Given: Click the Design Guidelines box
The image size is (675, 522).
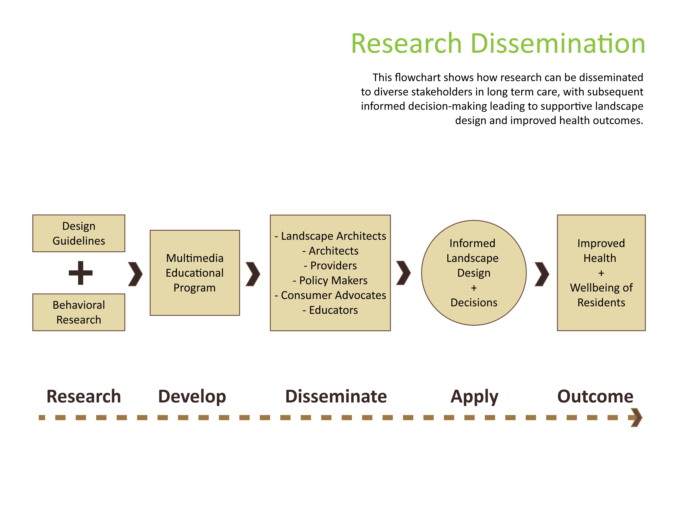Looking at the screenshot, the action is tap(79, 233).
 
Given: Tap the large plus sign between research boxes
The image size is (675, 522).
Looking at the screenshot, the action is tap(81, 273).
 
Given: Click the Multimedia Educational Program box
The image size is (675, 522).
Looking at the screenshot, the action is tap(195, 272).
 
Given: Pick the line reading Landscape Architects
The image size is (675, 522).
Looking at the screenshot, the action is tap(330, 236).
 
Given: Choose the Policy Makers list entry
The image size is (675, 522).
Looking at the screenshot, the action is tap(330, 280).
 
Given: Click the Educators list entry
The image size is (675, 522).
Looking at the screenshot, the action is tap(330, 310).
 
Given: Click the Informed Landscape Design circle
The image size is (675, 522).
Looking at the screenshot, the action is tap(474, 273).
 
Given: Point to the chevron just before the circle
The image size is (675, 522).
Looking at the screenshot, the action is tap(403, 273).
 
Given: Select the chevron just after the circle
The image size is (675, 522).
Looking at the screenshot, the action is tap(542, 274).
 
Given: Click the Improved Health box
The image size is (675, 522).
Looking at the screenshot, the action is tap(601, 273).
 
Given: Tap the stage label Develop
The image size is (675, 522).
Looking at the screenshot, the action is tap(192, 397).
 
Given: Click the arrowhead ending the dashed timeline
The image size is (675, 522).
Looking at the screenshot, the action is tap(636, 417).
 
